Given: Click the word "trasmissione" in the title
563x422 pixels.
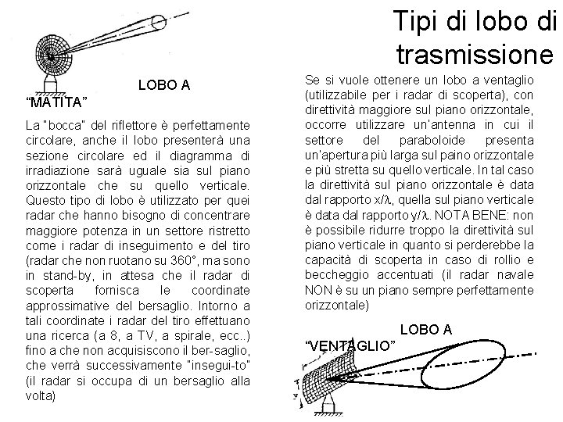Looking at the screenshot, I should coord(475,55).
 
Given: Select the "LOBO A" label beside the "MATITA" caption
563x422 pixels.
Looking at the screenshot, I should coord(164,84).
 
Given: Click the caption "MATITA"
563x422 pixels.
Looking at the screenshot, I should coord(56,103).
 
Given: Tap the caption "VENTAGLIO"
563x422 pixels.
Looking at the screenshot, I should coord(350,345).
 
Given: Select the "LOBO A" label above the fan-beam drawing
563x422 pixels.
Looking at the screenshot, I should coord(425,330).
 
